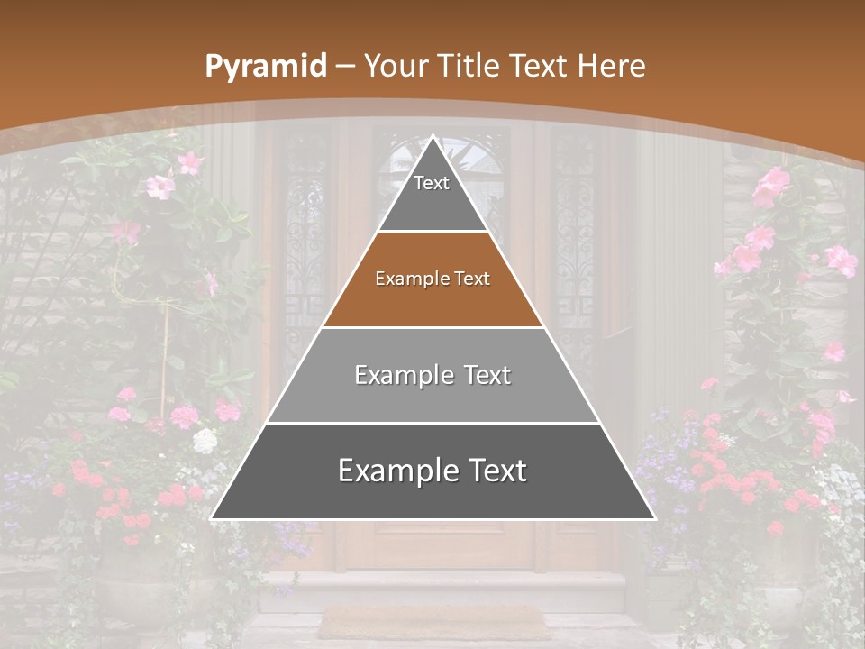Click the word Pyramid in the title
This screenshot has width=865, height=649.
coord(266,67)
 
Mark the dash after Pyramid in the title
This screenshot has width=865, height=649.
coord(345,67)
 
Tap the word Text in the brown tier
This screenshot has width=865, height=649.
coord(472,279)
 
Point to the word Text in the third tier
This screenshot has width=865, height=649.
coord(487,375)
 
